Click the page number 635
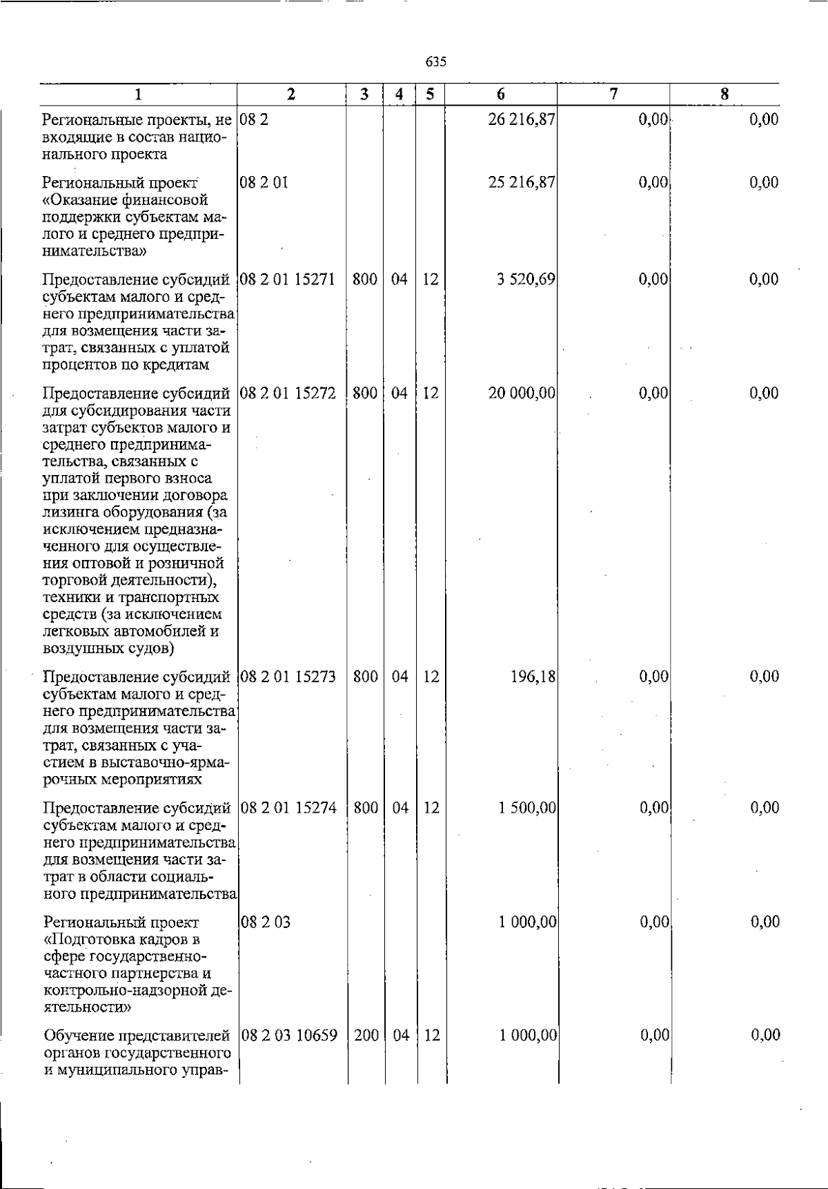pos(436,62)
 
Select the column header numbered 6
pos(501,95)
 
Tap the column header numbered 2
pos(291,95)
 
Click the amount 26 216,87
pos(522,119)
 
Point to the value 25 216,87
pos(522,183)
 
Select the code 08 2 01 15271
pos(288,280)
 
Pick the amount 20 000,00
pos(522,394)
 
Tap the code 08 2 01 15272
pos(288,394)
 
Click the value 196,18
pos(533,677)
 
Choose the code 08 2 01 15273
pos(288,677)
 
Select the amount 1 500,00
pos(527,808)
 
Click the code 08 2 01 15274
pos(288,808)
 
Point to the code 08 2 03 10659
pos(290,1035)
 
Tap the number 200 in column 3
pos(366,1035)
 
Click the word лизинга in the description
pos(70,512)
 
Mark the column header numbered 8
pos(724,95)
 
